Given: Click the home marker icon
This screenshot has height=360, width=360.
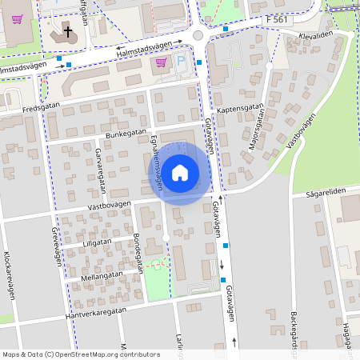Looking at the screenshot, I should point(180,172).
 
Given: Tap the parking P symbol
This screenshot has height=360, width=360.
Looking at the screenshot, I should point(180,62).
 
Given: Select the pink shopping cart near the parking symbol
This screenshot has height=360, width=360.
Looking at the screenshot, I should point(161,62).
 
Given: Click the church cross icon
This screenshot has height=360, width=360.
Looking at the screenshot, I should point(68,33).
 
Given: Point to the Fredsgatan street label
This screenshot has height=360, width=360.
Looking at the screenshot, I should point(42,108).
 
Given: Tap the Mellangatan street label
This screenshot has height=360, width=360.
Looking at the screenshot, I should point(102,274).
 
